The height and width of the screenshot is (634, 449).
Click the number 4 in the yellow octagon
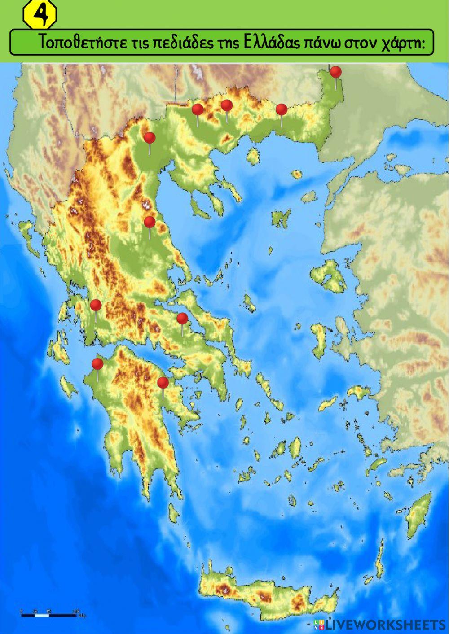point(40,16)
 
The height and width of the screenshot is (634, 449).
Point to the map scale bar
point(49,612)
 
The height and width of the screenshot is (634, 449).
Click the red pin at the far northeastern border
point(335,72)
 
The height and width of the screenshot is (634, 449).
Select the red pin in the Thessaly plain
point(150,222)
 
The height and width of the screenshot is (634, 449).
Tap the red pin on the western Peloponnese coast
point(97,363)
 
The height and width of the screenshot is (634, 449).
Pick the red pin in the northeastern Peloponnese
point(163,383)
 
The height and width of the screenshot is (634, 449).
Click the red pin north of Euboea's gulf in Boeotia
point(182,319)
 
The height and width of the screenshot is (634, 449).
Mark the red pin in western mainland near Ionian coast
point(96,306)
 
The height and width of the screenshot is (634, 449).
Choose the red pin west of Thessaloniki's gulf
point(149,138)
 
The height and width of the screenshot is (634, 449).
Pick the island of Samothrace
point(296,174)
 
